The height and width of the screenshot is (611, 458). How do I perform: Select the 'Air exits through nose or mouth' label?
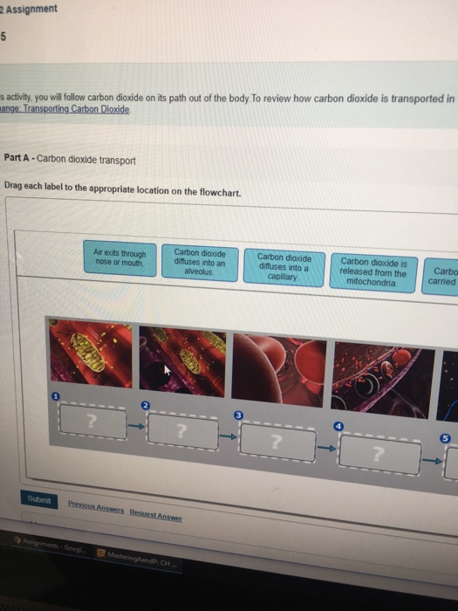point(120,258)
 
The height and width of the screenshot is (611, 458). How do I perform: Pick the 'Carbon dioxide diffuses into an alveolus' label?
point(200,260)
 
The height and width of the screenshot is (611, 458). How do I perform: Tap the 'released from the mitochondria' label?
point(373,271)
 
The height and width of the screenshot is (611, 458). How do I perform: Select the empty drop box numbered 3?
point(277,442)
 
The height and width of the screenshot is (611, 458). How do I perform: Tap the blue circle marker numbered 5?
point(446,437)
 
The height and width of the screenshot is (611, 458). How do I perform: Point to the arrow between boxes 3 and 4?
point(326,448)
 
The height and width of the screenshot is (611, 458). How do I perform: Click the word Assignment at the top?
point(32,9)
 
